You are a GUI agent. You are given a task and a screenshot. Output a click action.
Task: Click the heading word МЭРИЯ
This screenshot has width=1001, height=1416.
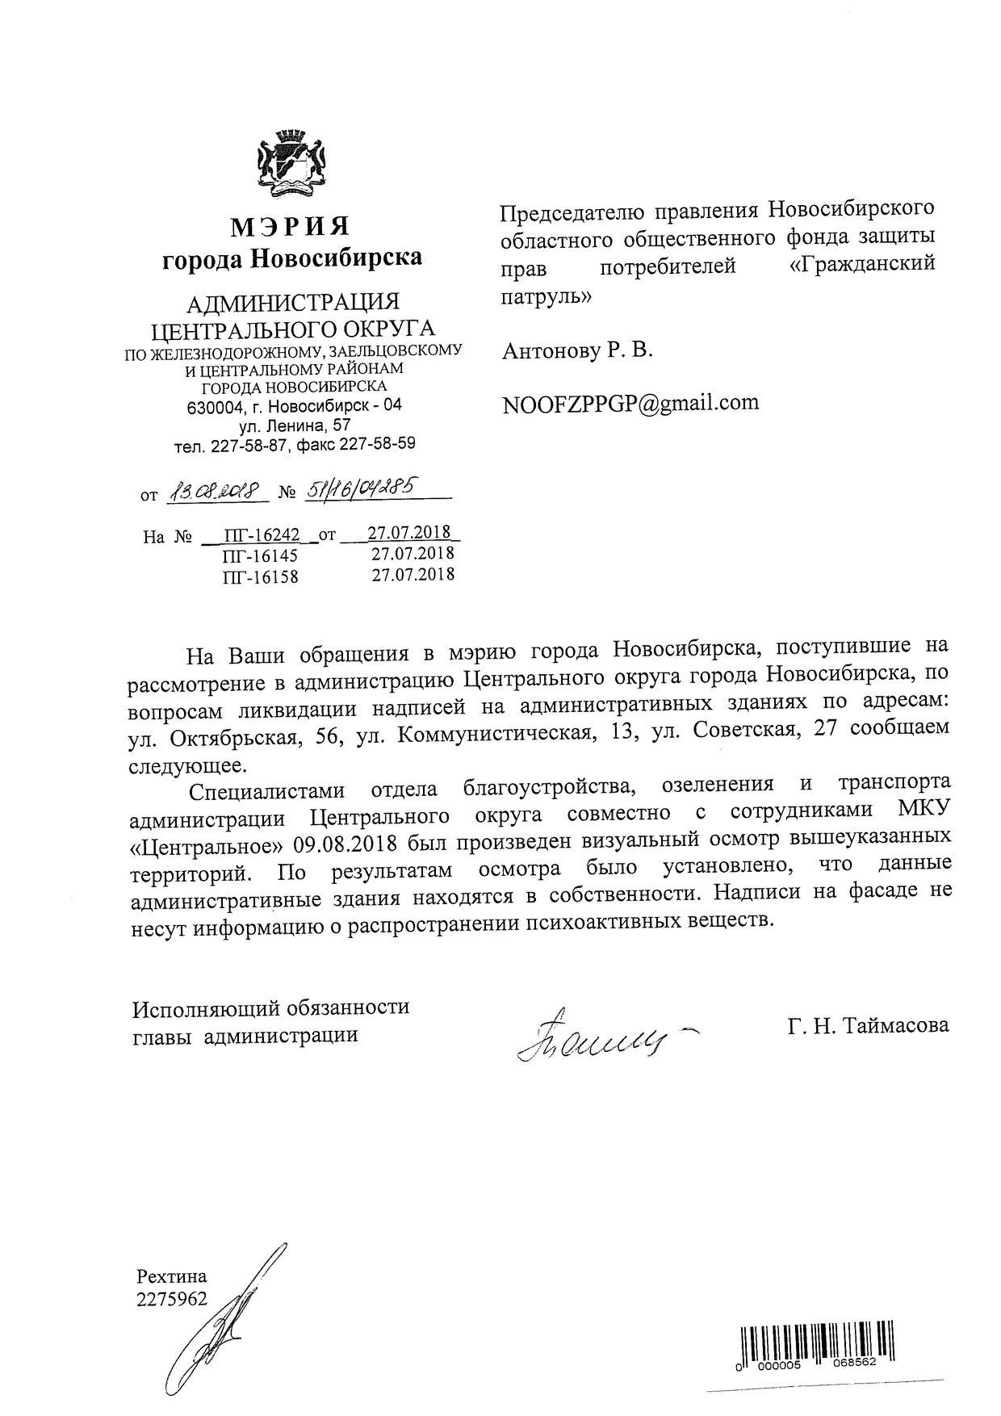click(291, 227)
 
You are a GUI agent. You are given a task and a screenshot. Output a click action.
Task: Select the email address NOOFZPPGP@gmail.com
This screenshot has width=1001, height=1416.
click(630, 403)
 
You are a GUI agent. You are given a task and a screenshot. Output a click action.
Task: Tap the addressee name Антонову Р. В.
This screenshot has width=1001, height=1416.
click(577, 351)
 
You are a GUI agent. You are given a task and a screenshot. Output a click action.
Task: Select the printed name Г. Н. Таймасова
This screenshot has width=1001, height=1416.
click(869, 1025)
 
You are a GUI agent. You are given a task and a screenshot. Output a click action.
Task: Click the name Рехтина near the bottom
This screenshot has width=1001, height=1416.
click(172, 1276)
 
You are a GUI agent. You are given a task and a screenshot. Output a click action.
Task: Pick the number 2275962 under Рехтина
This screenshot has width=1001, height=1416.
click(172, 1298)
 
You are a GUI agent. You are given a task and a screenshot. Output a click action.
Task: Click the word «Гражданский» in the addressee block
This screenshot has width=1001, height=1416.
click(861, 265)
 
